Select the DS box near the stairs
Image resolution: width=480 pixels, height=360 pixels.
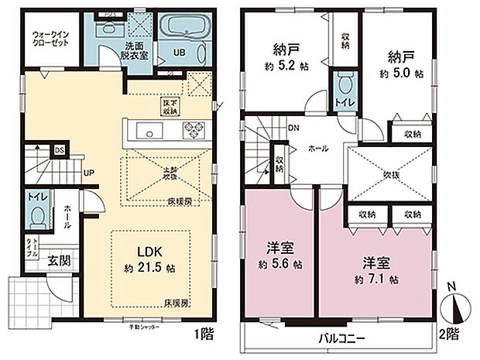[x=58, y=151]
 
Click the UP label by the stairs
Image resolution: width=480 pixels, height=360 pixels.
[x=89, y=172]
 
